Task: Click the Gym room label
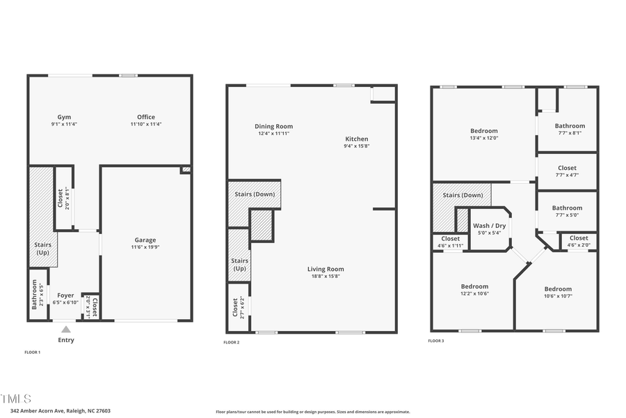[x=64, y=117]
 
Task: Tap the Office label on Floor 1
[x=146, y=117]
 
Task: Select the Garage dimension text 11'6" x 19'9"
[x=145, y=247]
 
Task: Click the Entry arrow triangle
[x=66, y=330]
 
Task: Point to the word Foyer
[x=65, y=295]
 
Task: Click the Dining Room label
[x=273, y=126]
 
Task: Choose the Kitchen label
[x=356, y=139]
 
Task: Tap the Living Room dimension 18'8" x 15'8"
[x=326, y=277]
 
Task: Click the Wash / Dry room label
[x=490, y=226]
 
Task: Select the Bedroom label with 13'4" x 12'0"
[x=484, y=131]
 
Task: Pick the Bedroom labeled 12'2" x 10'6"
[x=475, y=286]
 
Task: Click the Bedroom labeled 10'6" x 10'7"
[x=558, y=289]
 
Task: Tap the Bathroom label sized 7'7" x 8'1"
[x=570, y=126]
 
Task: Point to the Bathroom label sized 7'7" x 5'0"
[x=567, y=208]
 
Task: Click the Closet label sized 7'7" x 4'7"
[x=567, y=168]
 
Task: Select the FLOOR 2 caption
[x=231, y=343]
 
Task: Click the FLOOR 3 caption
[x=435, y=341]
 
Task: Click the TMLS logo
[x=16, y=398]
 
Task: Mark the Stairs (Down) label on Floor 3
[x=463, y=195]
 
